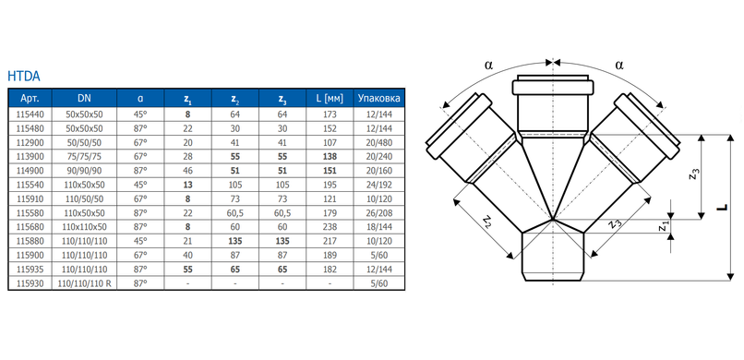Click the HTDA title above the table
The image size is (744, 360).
click(x=24, y=76)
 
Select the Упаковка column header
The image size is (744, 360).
click(x=378, y=99)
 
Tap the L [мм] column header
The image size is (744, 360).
click(x=330, y=99)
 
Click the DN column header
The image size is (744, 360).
click(x=84, y=99)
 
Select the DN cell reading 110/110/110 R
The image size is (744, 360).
click(x=84, y=283)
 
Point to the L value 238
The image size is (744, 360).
click(x=330, y=227)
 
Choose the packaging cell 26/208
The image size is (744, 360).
click(x=379, y=213)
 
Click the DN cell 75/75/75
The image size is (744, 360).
click(x=84, y=157)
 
